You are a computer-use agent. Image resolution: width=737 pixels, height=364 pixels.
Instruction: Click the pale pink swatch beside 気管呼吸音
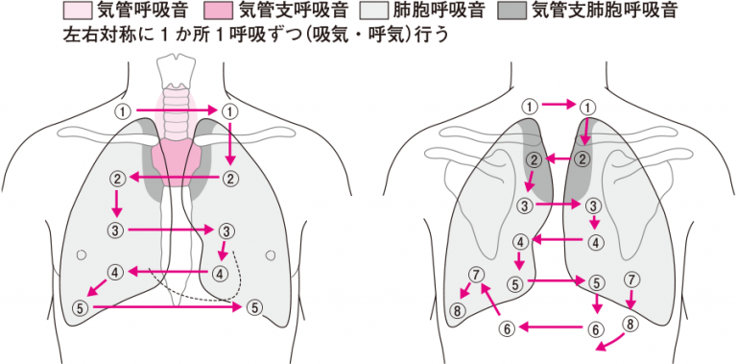[x=76, y=12]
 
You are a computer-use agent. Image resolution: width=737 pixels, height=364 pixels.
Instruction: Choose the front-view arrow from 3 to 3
[x=171, y=230]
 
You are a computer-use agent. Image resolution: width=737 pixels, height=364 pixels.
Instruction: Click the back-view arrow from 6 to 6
[x=553, y=328]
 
